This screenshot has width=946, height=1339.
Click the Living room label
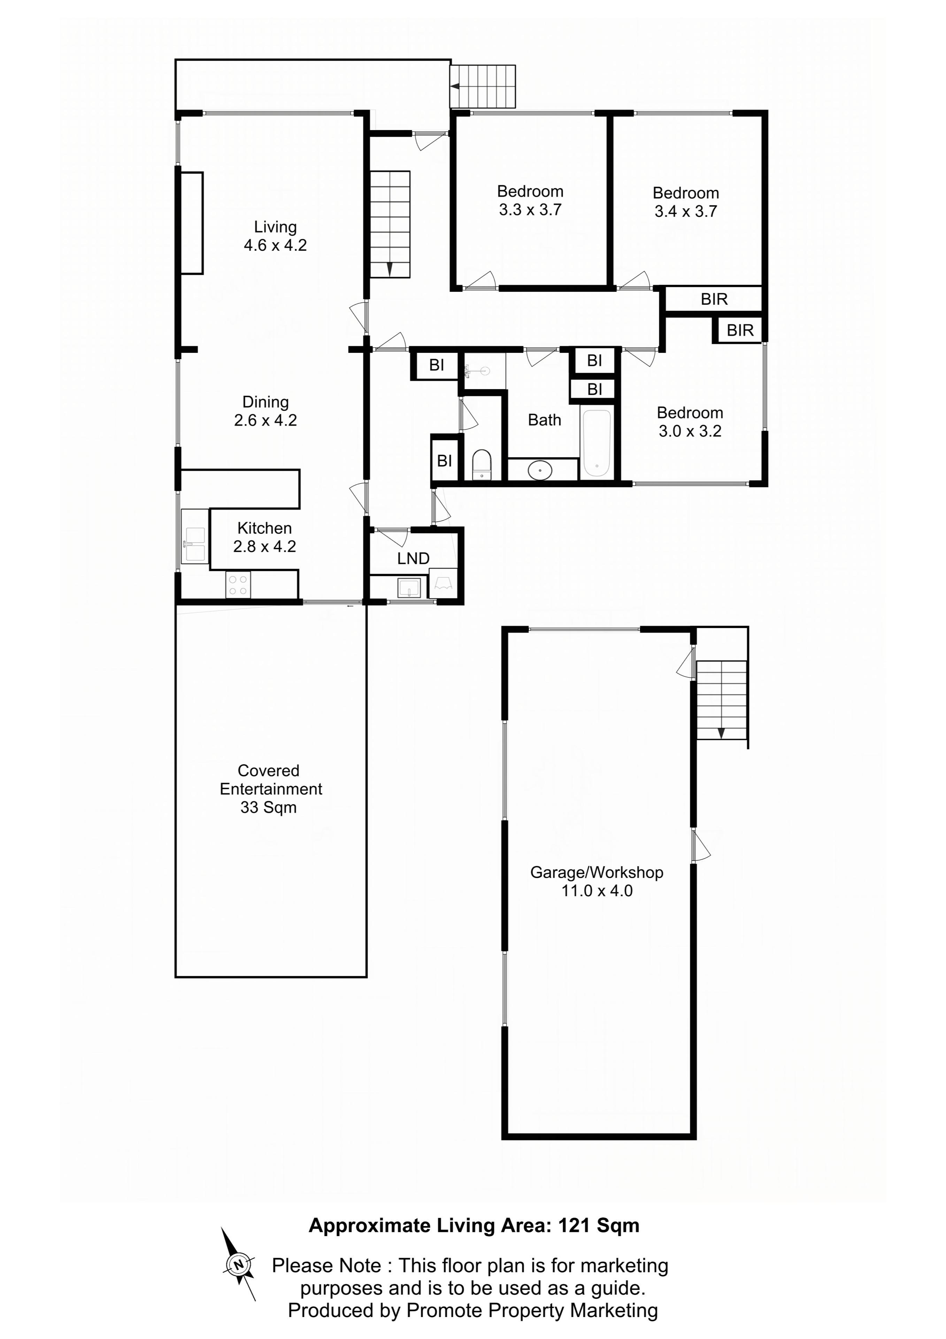click(275, 236)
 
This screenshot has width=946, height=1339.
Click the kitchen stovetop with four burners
click(238, 584)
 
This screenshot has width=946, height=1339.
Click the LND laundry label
click(413, 558)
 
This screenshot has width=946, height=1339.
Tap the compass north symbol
click(238, 1264)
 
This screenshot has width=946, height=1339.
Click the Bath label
click(544, 420)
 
